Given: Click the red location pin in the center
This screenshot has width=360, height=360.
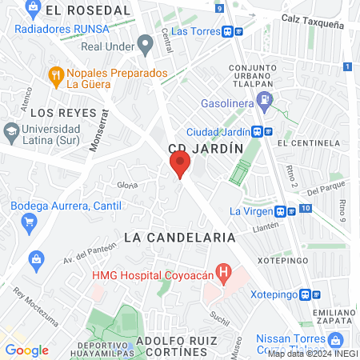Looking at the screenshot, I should (180, 166).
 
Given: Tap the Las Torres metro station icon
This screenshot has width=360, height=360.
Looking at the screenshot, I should (229, 31).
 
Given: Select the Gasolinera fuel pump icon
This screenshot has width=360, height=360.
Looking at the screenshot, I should (265, 101).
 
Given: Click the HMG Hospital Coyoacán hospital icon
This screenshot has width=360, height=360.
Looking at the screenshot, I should (225, 274).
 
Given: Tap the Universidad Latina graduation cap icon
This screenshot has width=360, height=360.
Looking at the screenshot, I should (11, 130).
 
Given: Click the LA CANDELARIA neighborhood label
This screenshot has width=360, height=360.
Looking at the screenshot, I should (180, 238).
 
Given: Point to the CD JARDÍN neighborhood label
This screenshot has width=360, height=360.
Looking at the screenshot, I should (206, 149).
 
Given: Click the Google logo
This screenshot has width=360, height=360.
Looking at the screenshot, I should (27, 350).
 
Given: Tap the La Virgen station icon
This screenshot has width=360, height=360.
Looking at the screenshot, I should (281, 211).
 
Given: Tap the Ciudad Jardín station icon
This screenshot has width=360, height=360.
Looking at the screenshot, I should (258, 132).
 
